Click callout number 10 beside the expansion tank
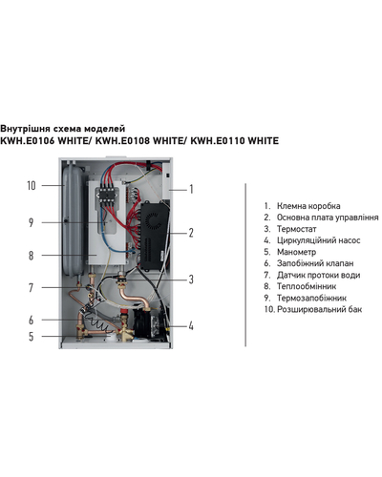coord(32,185)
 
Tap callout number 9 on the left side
coord(31,222)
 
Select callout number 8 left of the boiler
coord(31,256)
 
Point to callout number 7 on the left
coord(31,288)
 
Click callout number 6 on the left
coord(31,320)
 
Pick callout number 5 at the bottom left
coord(31,337)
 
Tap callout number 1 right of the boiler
coord(191,189)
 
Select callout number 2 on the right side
coord(191,233)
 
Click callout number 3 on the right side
coord(191,280)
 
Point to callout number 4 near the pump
coord(191,325)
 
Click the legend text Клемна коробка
coord(308,206)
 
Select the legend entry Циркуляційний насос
coord(319,240)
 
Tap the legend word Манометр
coord(296,252)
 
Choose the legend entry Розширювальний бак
coord(320,309)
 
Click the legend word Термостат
coord(297,229)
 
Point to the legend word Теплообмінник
coord(307,286)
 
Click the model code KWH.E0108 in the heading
coord(122,140)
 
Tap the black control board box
coord(155,236)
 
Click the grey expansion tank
coord(73,219)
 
